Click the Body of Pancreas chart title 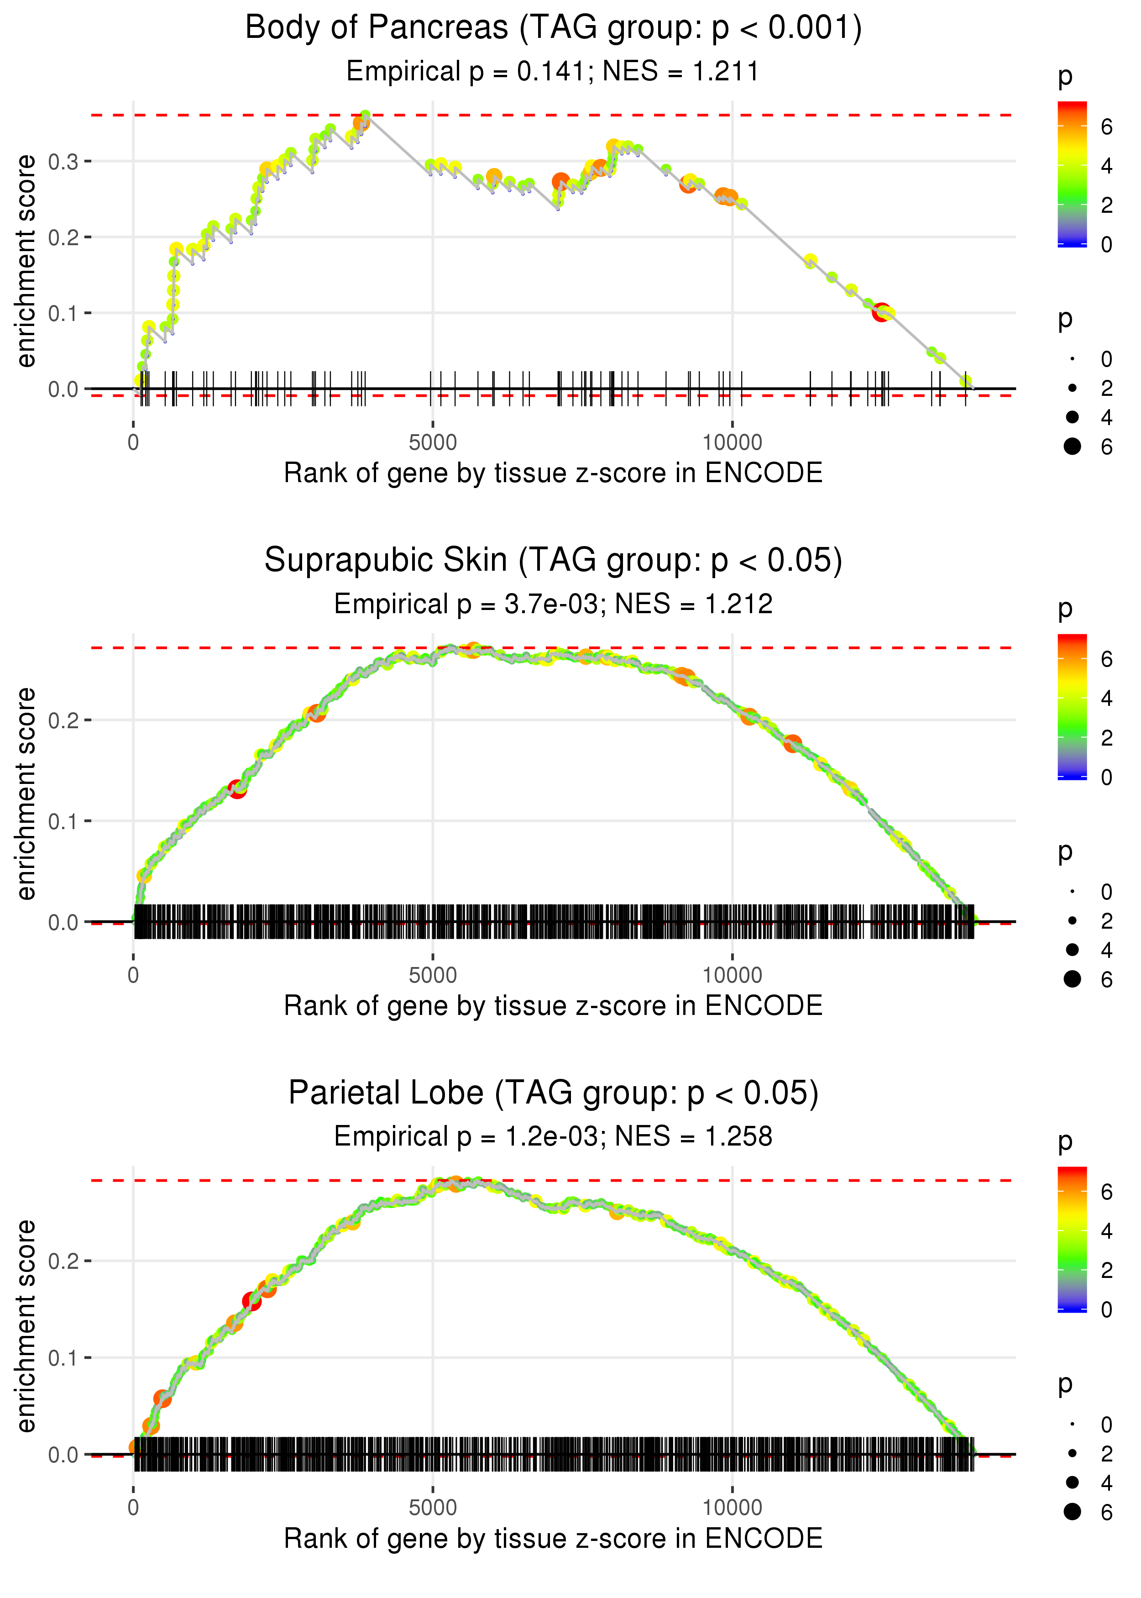pyautogui.click(x=553, y=28)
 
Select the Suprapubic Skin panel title pyautogui.click(x=553, y=561)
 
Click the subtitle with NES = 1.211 pyautogui.click(x=553, y=72)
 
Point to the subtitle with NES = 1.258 pyautogui.click(x=553, y=1136)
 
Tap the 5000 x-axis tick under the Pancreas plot pyautogui.click(x=433, y=443)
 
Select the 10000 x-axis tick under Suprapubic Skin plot pyautogui.click(x=732, y=975)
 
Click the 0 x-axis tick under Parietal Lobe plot pyautogui.click(x=133, y=1508)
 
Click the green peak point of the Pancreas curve pyautogui.click(x=365, y=115)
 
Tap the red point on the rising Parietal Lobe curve pyautogui.click(x=251, y=1301)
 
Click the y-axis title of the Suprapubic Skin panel pyautogui.click(x=26, y=794)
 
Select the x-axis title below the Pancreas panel pyautogui.click(x=553, y=473)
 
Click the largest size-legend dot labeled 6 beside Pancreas pyautogui.click(x=1072, y=446)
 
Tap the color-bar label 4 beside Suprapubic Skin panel pyautogui.click(x=1107, y=699)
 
